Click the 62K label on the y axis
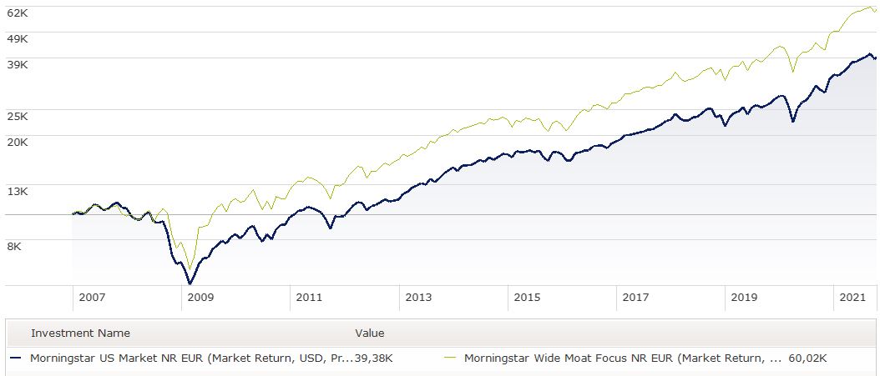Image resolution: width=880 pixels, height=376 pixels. [x=18, y=13]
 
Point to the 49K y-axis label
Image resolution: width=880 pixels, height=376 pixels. [x=18, y=38]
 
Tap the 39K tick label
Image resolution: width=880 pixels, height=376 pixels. [x=18, y=64]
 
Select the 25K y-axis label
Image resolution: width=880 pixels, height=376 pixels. [x=18, y=116]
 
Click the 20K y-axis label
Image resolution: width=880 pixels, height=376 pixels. [x=18, y=142]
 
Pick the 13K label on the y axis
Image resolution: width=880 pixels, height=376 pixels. [x=18, y=191]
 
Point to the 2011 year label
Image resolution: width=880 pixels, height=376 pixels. [x=308, y=297]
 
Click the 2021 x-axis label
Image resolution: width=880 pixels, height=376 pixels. [x=852, y=297]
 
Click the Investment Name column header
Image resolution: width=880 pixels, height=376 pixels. [x=80, y=333]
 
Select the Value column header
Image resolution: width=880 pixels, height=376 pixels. [x=370, y=333]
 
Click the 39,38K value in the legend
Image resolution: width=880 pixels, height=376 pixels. [x=373, y=358]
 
